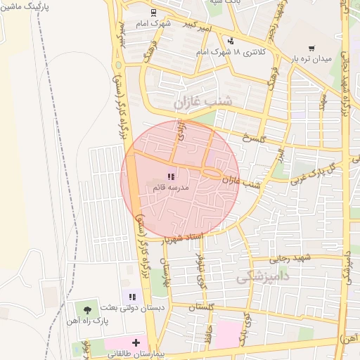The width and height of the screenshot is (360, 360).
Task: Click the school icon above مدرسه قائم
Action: click(169, 176)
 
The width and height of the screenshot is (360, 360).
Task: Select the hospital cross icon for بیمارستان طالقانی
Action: click(136, 343)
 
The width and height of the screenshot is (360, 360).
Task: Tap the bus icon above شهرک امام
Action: click(153, 13)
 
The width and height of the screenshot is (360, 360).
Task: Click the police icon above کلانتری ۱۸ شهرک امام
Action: click(230, 41)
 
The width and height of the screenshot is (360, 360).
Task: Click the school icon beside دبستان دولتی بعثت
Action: click(132, 297)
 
